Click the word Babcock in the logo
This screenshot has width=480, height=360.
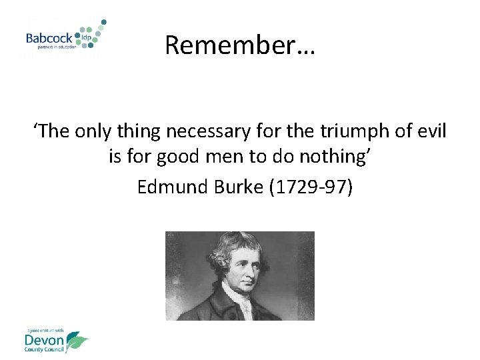[x=49, y=38]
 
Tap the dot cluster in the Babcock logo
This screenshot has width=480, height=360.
[x=92, y=33]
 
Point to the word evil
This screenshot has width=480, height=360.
[x=430, y=131]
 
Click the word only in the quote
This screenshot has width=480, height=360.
[x=94, y=131]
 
